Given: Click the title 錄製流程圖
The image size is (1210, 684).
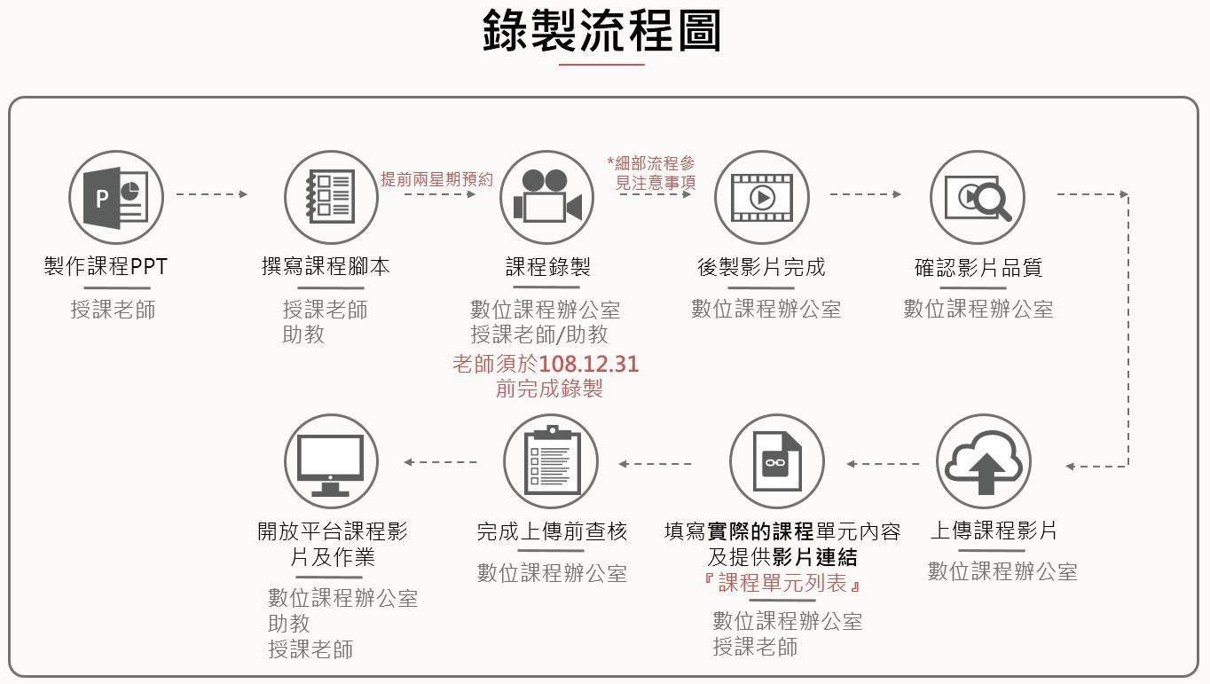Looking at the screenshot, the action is [601, 30].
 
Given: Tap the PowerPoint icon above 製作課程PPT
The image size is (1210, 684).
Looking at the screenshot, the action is [116, 197].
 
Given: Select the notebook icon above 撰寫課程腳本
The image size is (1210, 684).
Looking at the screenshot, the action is [330, 197].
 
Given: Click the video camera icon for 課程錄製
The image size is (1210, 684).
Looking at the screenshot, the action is [546, 197].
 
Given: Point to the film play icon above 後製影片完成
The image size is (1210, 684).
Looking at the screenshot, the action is [761, 197].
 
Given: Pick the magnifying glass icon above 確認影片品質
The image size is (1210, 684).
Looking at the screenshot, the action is [977, 197].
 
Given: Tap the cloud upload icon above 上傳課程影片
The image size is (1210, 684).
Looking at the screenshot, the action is [983, 462].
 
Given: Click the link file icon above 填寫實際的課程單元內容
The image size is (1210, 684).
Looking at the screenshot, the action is [776, 462].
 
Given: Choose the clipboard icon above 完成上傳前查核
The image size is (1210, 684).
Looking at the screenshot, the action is [550, 462].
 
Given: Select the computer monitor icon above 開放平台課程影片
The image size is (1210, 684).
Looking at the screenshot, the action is [331, 462].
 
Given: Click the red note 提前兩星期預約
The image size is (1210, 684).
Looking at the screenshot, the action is [436, 179].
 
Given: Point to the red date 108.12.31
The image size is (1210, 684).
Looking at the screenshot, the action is [588, 364].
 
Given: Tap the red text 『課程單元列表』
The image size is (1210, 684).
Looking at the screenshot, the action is [782, 584].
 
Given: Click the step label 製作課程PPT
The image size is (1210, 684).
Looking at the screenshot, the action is [106, 266].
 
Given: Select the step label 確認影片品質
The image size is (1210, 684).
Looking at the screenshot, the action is [978, 267].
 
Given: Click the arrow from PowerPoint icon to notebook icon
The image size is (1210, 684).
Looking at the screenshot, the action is [211, 194].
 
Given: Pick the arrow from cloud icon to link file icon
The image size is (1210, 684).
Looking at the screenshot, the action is [883, 463].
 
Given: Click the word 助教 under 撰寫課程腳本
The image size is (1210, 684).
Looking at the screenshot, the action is [303, 334].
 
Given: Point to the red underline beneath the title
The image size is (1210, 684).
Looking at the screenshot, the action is [601, 65].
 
